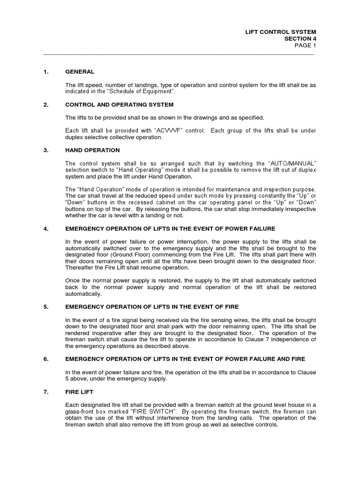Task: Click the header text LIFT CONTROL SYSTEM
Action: pos(285,32)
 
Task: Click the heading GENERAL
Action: pos(80,72)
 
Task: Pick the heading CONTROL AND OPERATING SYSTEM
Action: pos(119,105)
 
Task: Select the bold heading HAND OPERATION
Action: pos(92,150)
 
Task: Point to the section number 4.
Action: pos(45,228)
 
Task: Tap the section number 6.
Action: pos(45,359)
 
